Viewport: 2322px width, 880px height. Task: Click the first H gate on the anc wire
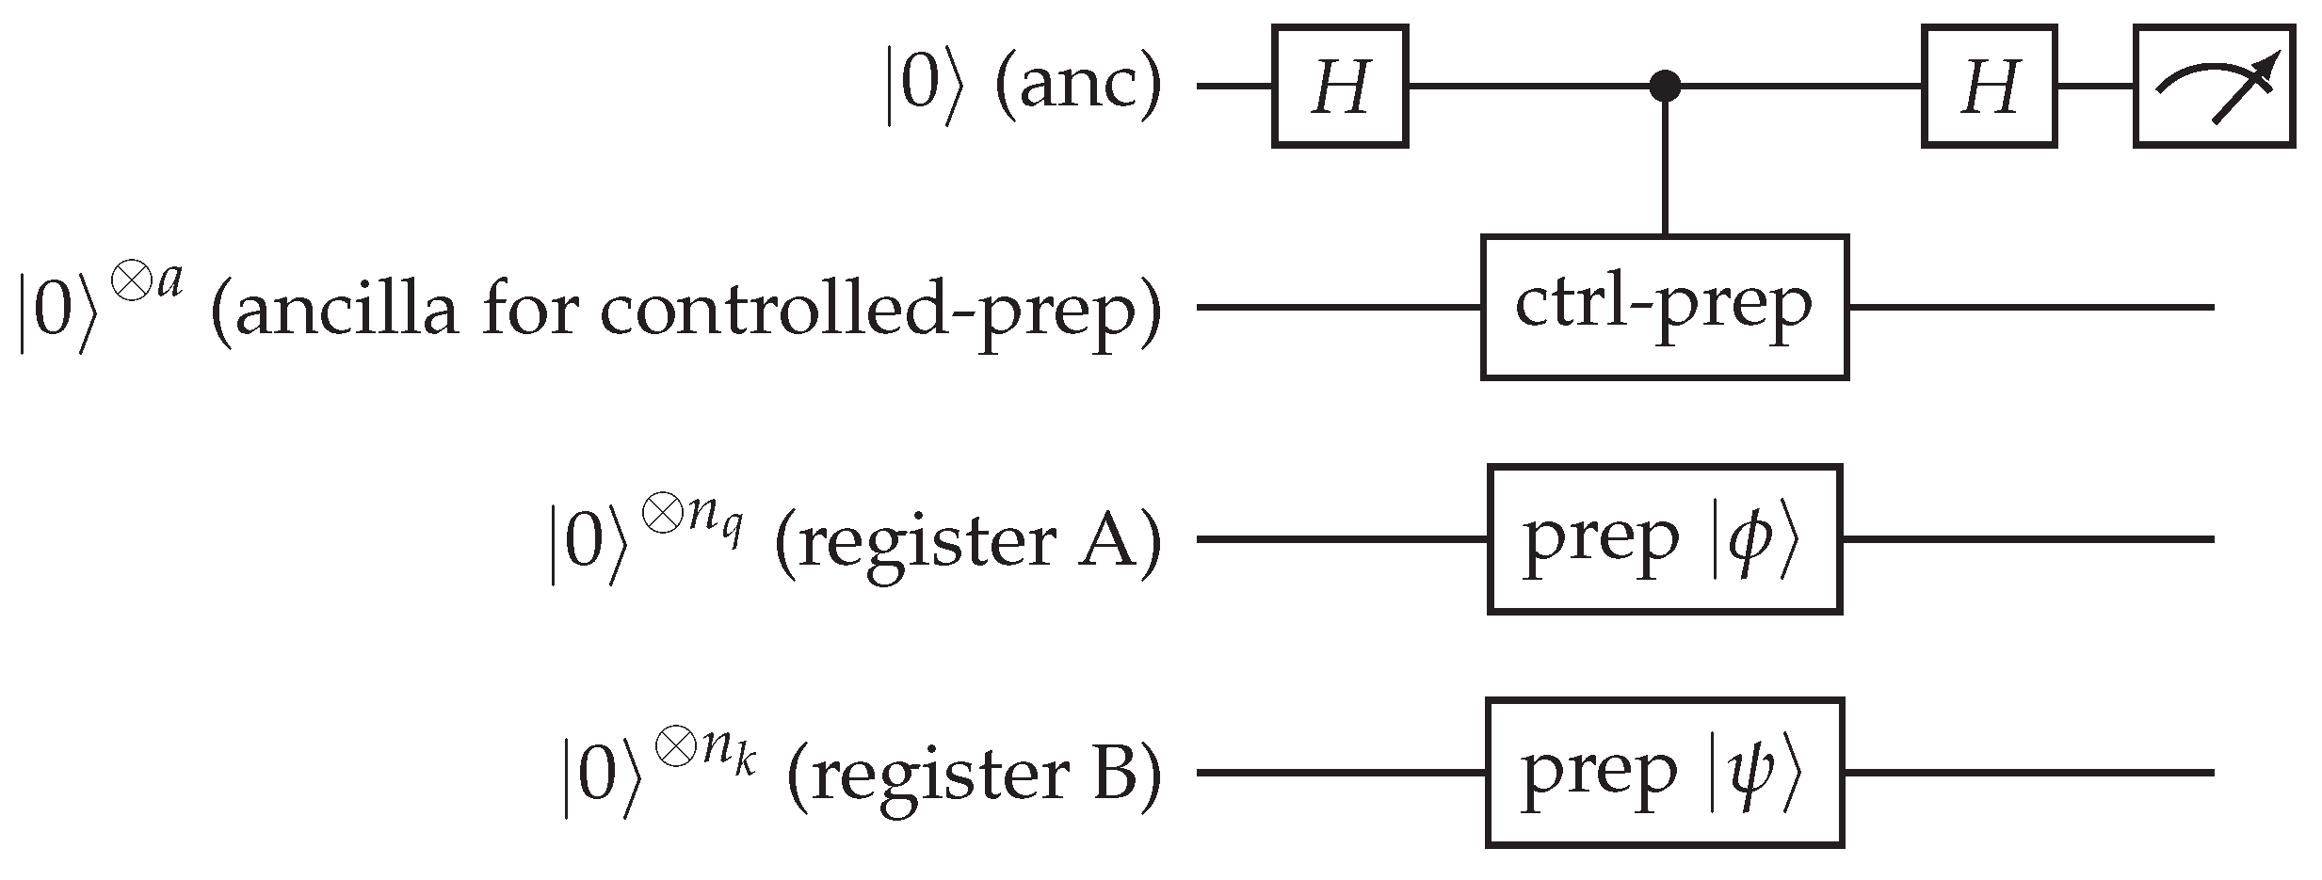(1339, 87)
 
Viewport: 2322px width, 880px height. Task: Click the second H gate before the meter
(1989, 87)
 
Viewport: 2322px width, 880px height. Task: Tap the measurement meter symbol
(2213, 87)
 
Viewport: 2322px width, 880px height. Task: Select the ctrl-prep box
(1664, 307)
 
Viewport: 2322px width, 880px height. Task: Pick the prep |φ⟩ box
(1664, 539)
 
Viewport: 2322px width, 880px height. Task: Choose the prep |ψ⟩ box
(1664, 773)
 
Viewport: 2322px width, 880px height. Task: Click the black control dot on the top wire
(1665, 88)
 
